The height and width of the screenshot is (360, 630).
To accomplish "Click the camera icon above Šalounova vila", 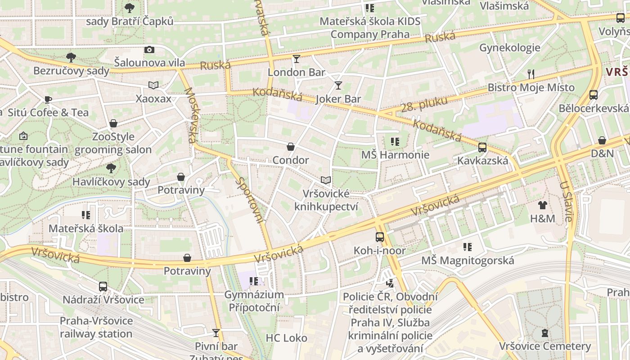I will click(x=149, y=49).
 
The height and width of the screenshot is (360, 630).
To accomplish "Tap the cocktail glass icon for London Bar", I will click(x=296, y=59).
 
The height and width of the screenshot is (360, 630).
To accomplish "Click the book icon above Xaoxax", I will click(x=153, y=85).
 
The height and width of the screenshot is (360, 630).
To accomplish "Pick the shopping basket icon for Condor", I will click(x=291, y=147).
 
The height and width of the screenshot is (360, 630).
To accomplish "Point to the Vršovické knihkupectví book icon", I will click(x=326, y=180).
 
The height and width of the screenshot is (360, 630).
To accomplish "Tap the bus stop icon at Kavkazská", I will click(x=482, y=147).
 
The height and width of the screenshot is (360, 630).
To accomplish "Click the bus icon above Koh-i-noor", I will click(x=380, y=237).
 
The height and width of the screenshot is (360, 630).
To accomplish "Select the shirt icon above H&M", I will click(x=543, y=205).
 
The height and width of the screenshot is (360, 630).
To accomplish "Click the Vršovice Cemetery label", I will click(x=544, y=346).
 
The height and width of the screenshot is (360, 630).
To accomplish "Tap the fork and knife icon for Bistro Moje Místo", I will click(x=531, y=74).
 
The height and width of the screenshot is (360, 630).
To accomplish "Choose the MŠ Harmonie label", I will click(x=395, y=155).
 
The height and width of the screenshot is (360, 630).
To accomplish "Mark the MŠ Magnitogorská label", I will click(x=467, y=260).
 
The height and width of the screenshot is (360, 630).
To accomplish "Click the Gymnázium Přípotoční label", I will click(x=254, y=301).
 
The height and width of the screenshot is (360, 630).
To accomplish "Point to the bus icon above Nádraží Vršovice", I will click(x=103, y=287).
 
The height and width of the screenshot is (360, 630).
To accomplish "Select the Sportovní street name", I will click(x=250, y=200).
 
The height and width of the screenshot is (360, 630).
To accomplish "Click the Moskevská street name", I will click(x=191, y=115).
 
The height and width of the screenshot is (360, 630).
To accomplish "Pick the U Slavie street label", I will click(x=566, y=201).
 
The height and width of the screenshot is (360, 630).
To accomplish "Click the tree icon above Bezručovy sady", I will click(x=71, y=57).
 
